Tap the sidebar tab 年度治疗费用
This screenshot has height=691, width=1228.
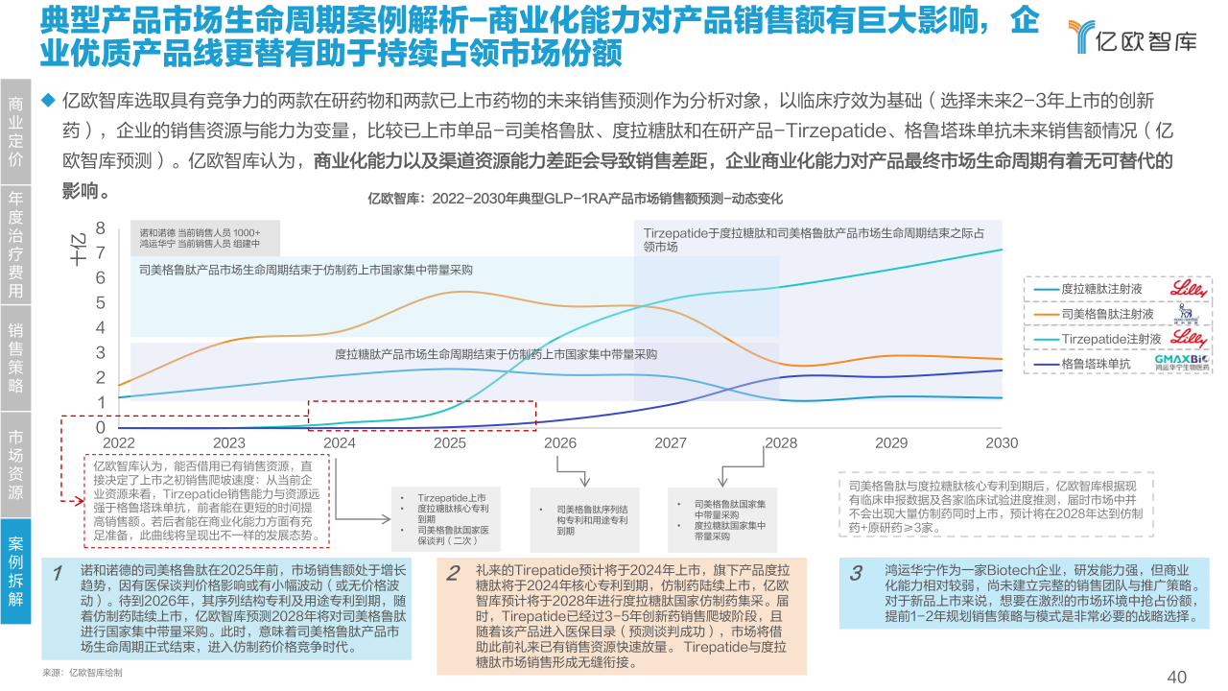pyautogui.click(x=15, y=244)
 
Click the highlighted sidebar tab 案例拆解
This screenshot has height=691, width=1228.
pyautogui.click(x=15, y=571)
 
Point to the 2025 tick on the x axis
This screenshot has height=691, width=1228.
pyautogui.click(x=450, y=443)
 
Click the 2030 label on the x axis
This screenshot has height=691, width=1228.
pyautogui.click(x=1002, y=443)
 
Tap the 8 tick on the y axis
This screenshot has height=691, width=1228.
pyautogui.click(x=101, y=228)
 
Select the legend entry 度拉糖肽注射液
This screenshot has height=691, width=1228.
pyautogui.click(x=1100, y=289)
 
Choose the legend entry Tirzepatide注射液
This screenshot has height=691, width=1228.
pyautogui.click(x=1111, y=340)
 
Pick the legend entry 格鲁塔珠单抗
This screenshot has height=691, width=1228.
pyautogui.click(x=1096, y=365)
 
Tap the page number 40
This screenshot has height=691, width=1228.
pyautogui.click(x=1177, y=677)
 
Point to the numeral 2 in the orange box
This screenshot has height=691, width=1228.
pyautogui.click(x=454, y=574)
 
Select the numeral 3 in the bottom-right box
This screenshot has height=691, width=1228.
pyautogui.click(x=856, y=574)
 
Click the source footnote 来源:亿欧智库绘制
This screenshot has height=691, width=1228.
pyautogui.click(x=83, y=673)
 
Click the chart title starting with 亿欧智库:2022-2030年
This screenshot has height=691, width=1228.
pyautogui.click(x=576, y=200)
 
